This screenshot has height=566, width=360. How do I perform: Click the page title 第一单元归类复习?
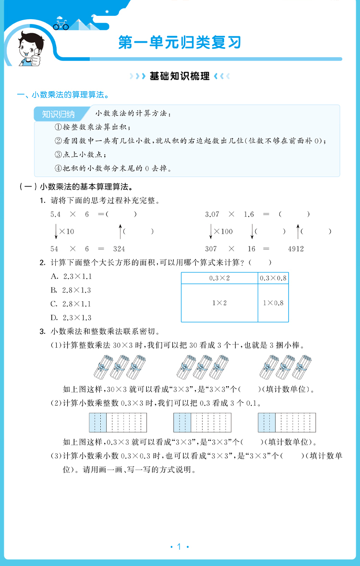click(x=180, y=43)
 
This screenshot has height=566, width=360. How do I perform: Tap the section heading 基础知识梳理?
click(x=180, y=76)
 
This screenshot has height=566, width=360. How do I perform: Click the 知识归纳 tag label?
click(x=59, y=114)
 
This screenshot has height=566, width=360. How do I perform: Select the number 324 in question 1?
click(x=119, y=249)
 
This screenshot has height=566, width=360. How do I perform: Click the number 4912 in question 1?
click(x=296, y=249)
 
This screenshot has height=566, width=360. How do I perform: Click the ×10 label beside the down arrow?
click(x=67, y=232)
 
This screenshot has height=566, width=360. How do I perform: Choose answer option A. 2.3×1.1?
click(x=71, y=277)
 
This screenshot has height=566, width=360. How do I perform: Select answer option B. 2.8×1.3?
click(x=71, y=290)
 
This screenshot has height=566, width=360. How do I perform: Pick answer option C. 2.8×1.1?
click(x=71, y=304)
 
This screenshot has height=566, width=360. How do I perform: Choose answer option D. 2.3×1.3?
click(x=71, y=318)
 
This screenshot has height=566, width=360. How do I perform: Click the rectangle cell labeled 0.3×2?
click(x=219, y=278)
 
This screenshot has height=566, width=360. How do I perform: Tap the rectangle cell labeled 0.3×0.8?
click(x=273, y=278)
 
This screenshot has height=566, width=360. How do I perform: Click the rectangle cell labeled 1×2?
click(x=219, y=303)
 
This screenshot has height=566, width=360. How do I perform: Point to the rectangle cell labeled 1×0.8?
click(x=273, y=303)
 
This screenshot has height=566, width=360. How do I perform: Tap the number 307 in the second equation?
click(x=211, y=249)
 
